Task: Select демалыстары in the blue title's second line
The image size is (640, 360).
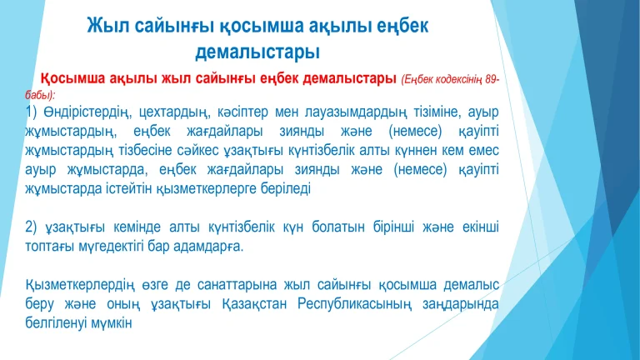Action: tap(257, 52)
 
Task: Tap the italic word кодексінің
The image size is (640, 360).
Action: tap(459, 80)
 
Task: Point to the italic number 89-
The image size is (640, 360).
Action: tap(492, 79)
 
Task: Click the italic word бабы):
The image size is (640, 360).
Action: tap(40, 95)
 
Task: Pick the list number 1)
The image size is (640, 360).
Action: tap(31, 112)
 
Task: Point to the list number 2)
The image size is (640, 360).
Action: tap(31, 227)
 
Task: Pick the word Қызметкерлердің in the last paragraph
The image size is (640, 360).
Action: tap(80, 285)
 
